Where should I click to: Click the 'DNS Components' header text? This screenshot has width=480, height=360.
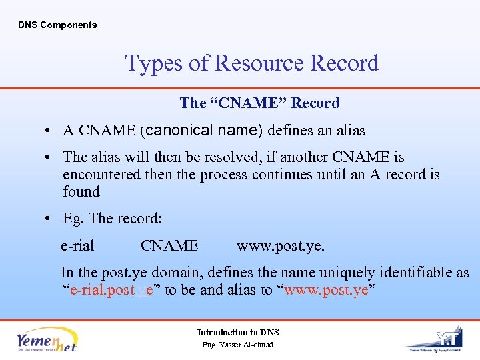pyautogui.click(x=57, y=25)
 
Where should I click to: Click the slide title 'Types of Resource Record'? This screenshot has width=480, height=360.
pyautogui.click(x=252, y=63)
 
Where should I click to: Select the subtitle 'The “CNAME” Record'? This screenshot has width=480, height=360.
pyautogui.click(x=259, y=103)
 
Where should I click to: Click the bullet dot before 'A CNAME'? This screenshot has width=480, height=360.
pyautogui.click(x=51, y=131)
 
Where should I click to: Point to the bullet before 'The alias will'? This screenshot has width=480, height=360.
pyautogui.click(x=51, y=158)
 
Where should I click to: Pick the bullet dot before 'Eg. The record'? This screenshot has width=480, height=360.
pyautogui.click(x=51, y=219)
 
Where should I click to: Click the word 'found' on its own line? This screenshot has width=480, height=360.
pyautogui.click(x=81, y=192)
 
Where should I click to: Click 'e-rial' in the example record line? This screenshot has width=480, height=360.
pyautogui.click(x=77, y=246)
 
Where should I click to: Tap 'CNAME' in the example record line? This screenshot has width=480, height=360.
pyautogui.click(x=169, y=246)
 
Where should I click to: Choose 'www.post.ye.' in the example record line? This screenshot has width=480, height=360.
pyautogui.click(x=281, y=246)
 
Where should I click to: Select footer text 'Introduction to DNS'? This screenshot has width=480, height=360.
pyautogui.click(x=238, y=333)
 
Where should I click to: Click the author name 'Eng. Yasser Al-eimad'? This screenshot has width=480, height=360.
pyautogui.click(x=238, y=345)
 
